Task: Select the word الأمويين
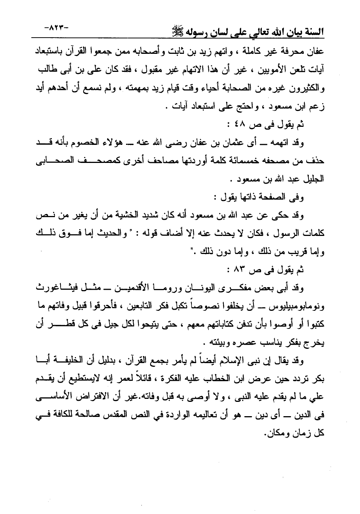coord(263,70)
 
